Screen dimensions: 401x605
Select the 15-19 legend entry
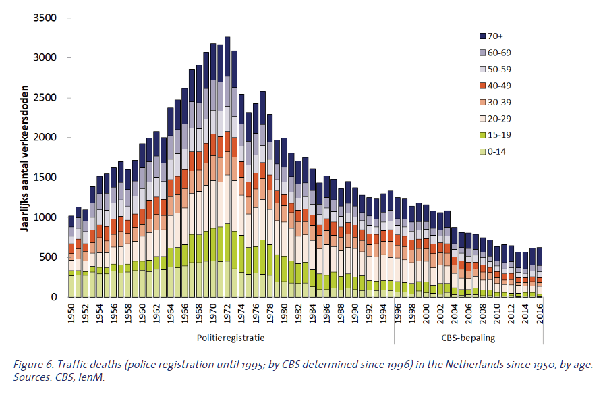point(498,134)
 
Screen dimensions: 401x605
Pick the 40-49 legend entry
point(498,85)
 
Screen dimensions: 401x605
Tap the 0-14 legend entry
point(496,151)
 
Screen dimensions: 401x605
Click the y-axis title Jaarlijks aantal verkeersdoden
point(24,159)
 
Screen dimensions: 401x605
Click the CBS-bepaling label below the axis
point(469,338)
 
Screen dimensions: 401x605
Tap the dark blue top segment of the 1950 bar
point(71,221)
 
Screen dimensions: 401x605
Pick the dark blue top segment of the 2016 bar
point(540,257)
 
